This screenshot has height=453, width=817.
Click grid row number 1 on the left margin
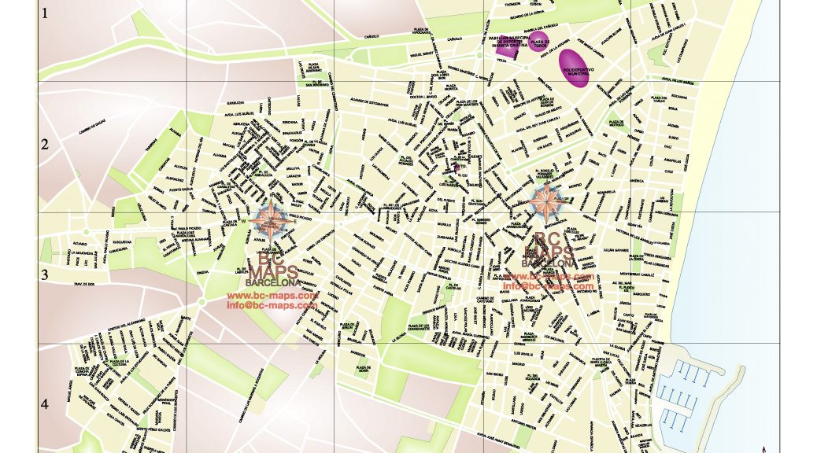(x=45, y=13)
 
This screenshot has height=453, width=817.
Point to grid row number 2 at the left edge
(x=45, y=145)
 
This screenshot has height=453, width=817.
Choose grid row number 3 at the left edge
(x=45, y=274)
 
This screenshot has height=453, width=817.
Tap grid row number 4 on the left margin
(x=45, y=404)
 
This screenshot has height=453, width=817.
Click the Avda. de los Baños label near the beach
(x=676, y=81)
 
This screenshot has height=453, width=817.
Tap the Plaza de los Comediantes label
(x=418, y=326)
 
